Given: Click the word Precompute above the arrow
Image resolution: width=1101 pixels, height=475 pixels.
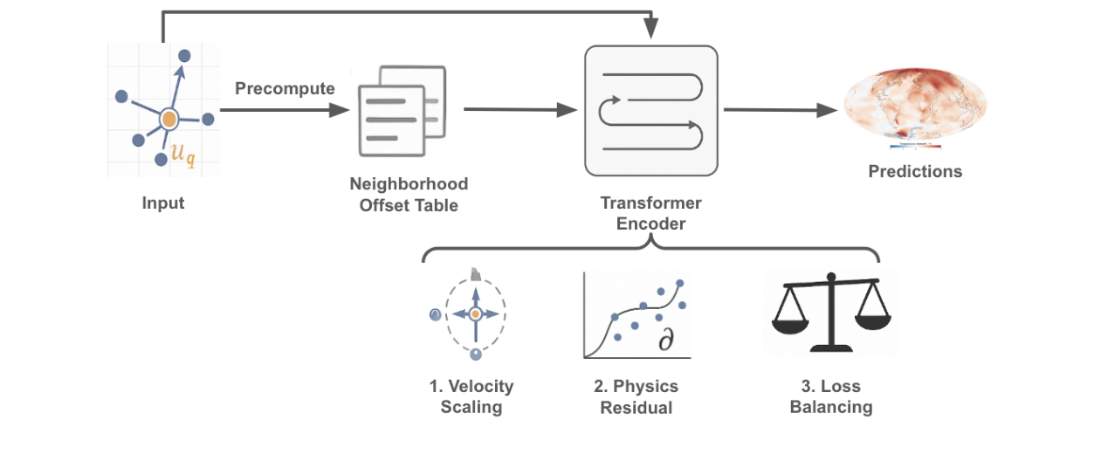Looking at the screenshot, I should (285, 89).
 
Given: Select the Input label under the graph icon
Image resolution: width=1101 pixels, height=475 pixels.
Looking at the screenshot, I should (163, 203).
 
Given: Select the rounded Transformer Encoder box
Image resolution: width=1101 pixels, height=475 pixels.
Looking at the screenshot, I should (650, 111).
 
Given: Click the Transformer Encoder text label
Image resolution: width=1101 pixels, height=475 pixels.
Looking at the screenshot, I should (650, 213).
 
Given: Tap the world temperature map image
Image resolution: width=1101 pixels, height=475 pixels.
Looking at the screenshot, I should (915, 106).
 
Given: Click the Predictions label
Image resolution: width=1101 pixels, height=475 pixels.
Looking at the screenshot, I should (915, 172).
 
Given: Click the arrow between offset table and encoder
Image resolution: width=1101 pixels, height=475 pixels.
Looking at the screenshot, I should (520, 110).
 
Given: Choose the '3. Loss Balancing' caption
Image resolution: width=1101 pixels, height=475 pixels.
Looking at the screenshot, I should (830, 396).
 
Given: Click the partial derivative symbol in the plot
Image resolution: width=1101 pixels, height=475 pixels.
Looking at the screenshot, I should (666, 341).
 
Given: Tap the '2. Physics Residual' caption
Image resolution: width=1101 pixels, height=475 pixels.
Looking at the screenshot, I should (636, 396).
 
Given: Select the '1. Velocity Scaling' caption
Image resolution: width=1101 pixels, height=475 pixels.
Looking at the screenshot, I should (471, 396).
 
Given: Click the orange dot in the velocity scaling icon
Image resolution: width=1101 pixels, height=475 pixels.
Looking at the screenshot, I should (475, 313).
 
